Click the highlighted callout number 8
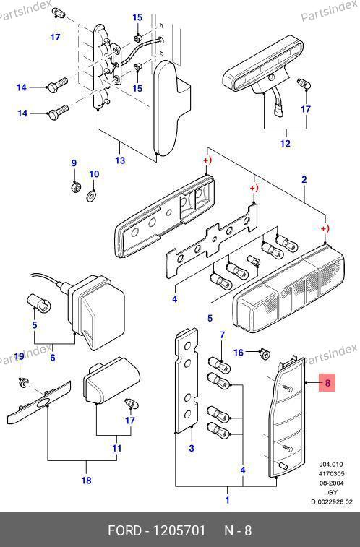pos(327,383)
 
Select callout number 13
pos(120,160)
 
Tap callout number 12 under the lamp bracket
pos(285,143)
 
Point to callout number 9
pos(74,163)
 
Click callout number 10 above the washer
pos(94,174)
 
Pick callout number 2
pos(304,180)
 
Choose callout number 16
pos(239,353)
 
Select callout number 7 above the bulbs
pos(223,335)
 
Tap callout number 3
pos(191,448)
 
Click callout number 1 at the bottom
pos(228,500)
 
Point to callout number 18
pos(86,481)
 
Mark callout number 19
pos(20,356)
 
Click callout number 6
pos(52,358)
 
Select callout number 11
pos(117,448)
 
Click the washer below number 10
pos(92,196)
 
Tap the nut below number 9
pos(74,187)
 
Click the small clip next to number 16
pos(265,355)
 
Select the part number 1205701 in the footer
pos(180,530)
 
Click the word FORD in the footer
pos(124,530)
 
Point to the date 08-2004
pos(331,483)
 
